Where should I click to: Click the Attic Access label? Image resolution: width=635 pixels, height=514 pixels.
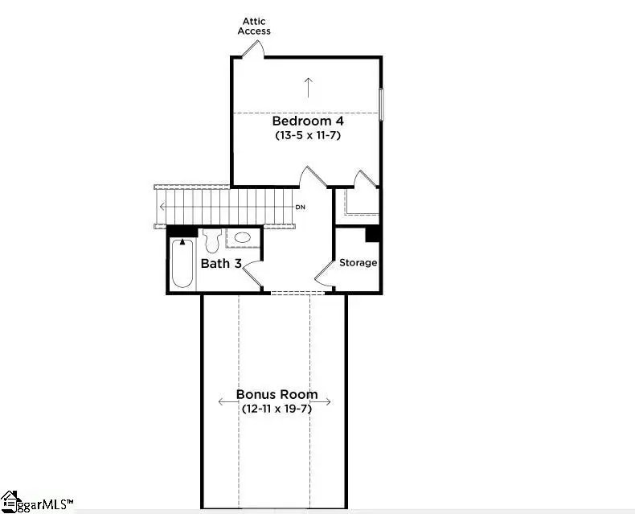pos(255,26)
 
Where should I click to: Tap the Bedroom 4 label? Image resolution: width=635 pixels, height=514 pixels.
pos(308,121)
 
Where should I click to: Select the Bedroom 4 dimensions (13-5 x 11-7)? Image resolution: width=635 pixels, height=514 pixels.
pos(309,135)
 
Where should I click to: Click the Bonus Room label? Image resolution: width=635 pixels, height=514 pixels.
pos(277,395)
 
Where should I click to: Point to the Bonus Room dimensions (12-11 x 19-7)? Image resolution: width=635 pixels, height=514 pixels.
pos(277,409)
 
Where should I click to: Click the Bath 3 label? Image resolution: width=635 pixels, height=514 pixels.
pos(220,263)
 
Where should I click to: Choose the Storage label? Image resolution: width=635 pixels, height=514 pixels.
pos(358,263)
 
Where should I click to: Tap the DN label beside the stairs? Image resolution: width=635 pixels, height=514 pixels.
pos(300,208)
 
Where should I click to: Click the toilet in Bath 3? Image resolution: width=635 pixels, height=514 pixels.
pos(211,239)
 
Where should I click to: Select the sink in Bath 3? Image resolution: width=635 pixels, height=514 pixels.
pos(242,238)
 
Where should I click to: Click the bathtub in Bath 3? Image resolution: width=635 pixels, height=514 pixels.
pos(182,262)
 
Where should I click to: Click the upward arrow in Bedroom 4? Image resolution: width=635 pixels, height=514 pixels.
pos(308,86)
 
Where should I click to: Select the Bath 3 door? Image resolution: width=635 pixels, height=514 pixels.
pos(252,273)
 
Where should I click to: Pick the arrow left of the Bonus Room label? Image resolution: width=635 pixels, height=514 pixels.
pos(226,401)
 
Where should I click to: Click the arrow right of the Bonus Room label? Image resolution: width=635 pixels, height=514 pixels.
pos(329,401)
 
